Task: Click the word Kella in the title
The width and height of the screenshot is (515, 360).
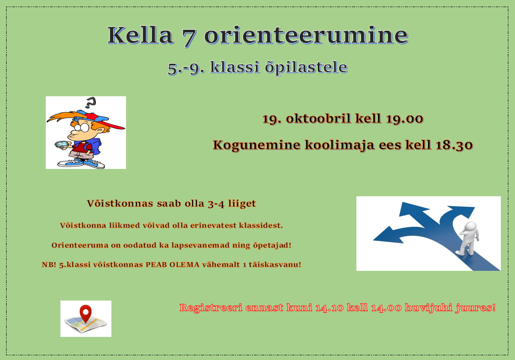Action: pos(140,35)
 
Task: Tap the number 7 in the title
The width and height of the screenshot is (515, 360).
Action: pos(189,36)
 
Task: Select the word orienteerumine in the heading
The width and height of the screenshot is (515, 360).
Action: pos(306,35)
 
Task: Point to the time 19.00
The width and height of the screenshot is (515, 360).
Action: pos(405,118)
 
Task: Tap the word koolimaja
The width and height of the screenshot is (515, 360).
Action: pos(339,145)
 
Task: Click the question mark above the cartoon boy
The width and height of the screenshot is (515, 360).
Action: pos(90,103)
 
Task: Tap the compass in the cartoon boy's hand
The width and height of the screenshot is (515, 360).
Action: pos(62,144)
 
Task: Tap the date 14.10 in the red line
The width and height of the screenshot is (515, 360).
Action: pos(329,308)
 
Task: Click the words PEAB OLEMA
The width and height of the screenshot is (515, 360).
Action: pos(172,265)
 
